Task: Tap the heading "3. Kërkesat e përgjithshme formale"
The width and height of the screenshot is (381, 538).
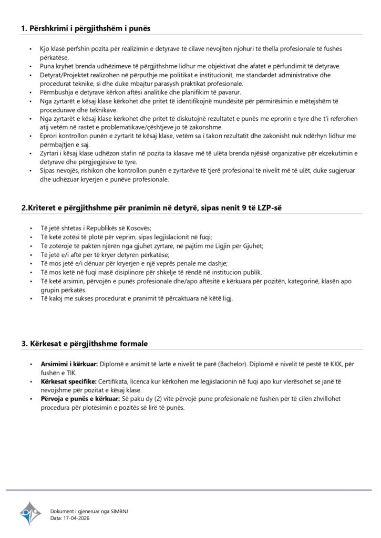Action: [85, 344]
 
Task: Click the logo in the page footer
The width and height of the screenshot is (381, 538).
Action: [30, 513]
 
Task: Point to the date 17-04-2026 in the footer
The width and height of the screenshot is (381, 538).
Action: [75, 518]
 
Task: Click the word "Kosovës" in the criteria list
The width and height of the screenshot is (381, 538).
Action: [138, 228]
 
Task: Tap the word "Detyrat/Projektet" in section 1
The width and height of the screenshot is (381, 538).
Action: [62, 76]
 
